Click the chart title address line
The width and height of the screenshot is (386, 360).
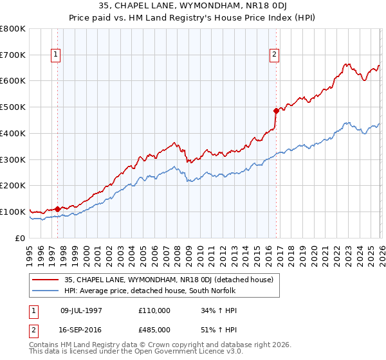193,7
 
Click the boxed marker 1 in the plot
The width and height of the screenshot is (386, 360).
57,55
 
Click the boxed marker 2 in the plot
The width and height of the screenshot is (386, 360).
275,55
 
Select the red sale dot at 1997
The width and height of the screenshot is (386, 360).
57,208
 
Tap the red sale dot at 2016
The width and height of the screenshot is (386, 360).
276,110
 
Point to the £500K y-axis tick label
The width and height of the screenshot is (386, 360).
13,107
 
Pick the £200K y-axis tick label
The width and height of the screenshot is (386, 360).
13,186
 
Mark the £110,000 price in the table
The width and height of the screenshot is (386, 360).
154,310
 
